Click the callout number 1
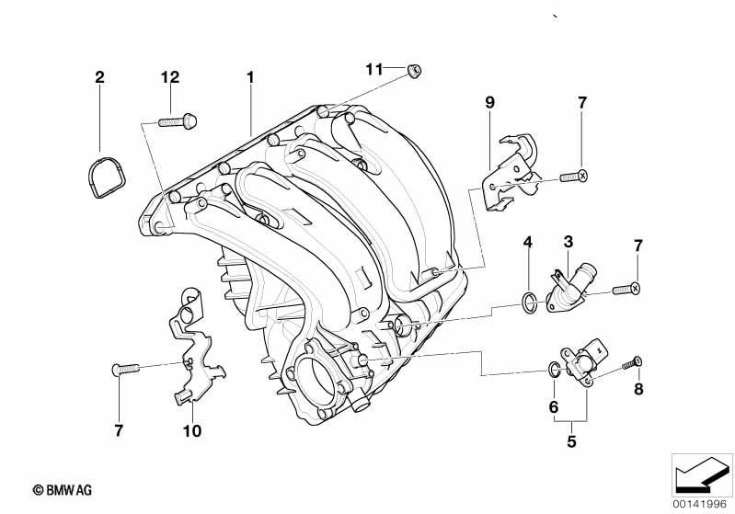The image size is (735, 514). (x=250, y=77)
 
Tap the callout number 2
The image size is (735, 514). (x=99, y=77)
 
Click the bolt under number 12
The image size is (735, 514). (x=178, y=121)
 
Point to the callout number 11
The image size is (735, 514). (x=374, y=69)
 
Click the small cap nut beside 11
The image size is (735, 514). (x=414, y=71)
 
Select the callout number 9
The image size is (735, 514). (x=489, y=102)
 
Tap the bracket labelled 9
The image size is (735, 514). (x=511, y=174)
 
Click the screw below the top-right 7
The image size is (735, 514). (x=574, y=177)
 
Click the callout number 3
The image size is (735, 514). (x=568, y=242)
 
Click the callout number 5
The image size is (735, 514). (x=571, y=441)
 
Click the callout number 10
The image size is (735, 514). (x=191, y=431)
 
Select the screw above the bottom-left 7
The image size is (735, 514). (x=126, y=370)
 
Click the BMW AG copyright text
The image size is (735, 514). (x=63, y=490)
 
